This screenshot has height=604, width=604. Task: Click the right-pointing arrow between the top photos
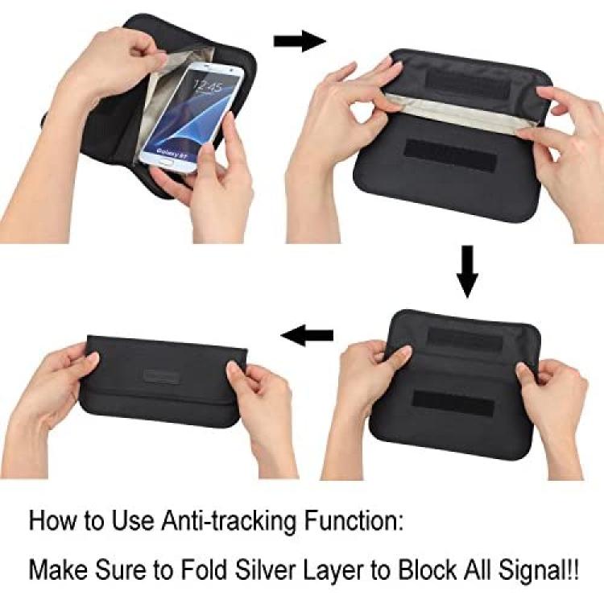300,41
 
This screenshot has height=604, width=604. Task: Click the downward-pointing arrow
467,271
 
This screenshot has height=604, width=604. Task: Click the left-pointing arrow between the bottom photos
307,335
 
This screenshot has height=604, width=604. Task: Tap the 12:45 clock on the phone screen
208,86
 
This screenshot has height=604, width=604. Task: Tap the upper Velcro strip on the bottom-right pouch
465,340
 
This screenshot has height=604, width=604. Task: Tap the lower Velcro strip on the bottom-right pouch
453,403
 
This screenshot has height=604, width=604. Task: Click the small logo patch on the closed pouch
161,377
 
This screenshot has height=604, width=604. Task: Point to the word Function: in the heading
354,521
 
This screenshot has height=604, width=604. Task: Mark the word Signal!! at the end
538,569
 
